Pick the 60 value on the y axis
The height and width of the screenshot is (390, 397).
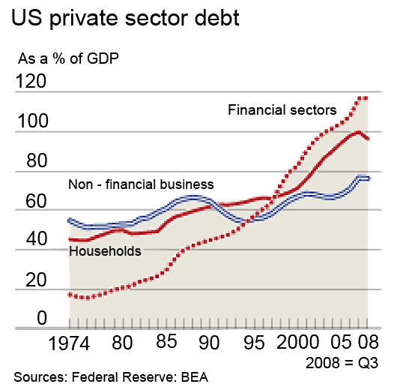pyautogui.click(x=31, y=201)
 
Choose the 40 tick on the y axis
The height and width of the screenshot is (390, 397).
pyautogui.click(x=31, y=240)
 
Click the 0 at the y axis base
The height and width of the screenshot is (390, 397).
pyautogui.click(x=22, y=318)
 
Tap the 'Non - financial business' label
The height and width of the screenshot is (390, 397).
pyautogui.click(x=141, y=184)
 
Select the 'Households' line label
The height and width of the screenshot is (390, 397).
pyautogui.click(x=105, y=252)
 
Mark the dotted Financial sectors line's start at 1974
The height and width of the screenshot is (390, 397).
pyautogui.click(x=70, y=295)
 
